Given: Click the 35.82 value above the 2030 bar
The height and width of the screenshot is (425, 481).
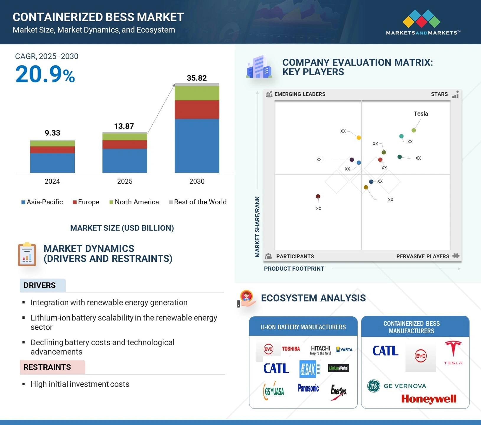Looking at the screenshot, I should click(x=197, y=78).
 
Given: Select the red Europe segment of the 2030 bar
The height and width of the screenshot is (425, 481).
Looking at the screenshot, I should click(x=197, y=109).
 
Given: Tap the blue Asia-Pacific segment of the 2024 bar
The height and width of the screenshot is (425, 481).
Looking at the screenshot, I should click(x=53, y=163).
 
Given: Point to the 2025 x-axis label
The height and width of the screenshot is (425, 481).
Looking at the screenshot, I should click(x=125, y=181).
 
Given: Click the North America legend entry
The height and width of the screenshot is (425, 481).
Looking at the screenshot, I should click(x=134, y=202).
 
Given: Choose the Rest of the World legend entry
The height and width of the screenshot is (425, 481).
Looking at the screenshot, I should click(x=198, y=202).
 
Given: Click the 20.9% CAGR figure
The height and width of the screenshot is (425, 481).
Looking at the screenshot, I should click(x=45, y=74).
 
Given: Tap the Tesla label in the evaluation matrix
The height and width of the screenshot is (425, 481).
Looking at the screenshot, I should click(x=420, y=114).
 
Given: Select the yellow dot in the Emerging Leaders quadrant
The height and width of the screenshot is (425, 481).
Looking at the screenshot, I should click(x=359, y=138).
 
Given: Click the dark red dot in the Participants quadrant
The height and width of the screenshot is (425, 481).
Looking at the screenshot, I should click(x=318, y=196).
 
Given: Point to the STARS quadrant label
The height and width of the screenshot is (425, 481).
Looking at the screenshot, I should click(x=439, y=94).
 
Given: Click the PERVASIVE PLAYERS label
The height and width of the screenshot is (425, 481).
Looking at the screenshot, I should click(x=423, y=256).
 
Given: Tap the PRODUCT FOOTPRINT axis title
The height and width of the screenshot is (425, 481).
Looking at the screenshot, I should click(x=294, y=269).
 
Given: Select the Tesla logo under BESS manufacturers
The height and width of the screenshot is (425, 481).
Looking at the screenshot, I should click(x=453, y=352).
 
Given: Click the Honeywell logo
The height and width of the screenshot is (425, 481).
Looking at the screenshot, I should click(x=428, y=399).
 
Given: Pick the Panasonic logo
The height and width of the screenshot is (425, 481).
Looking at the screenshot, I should click(x=308, y=388).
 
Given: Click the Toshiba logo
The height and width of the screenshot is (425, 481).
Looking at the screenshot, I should click(x=291, y=349).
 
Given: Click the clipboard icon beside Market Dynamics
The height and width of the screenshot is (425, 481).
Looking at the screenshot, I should click(x=27, y=254).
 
